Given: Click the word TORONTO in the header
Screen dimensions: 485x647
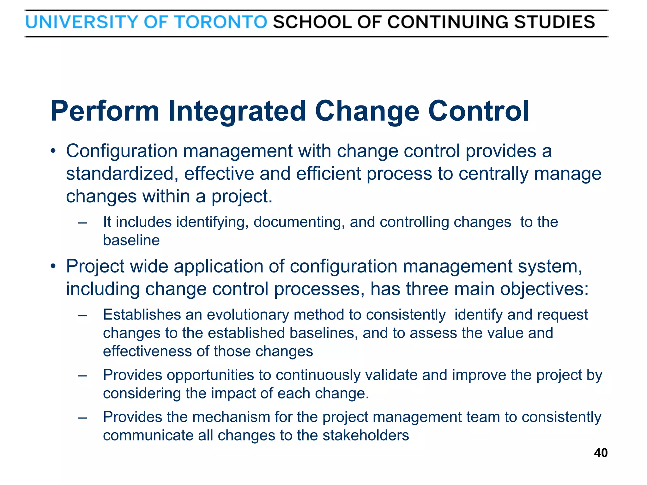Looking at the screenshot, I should tap(221, 22).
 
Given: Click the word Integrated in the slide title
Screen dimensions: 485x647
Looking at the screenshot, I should tap(237, 111).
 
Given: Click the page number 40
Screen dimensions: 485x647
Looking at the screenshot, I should tap(601, 453).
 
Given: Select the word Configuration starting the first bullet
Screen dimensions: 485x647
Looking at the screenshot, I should tap(122, 151).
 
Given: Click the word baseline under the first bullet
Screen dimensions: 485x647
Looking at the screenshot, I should tap(131, 240).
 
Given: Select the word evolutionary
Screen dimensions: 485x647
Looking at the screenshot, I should tap(248, 315).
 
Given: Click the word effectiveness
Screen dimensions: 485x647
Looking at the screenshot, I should tap(147, 351).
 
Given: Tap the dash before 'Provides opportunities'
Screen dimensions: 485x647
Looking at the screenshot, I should tap(83, 375).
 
